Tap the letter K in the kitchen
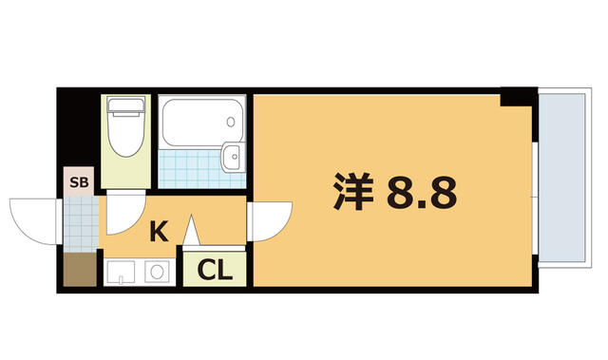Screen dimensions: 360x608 [x=160, y=231]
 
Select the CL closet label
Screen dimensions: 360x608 [x=215, y=271]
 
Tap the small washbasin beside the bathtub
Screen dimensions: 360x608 [x=230, y=157]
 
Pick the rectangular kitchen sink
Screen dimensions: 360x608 [x=122, y=273]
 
